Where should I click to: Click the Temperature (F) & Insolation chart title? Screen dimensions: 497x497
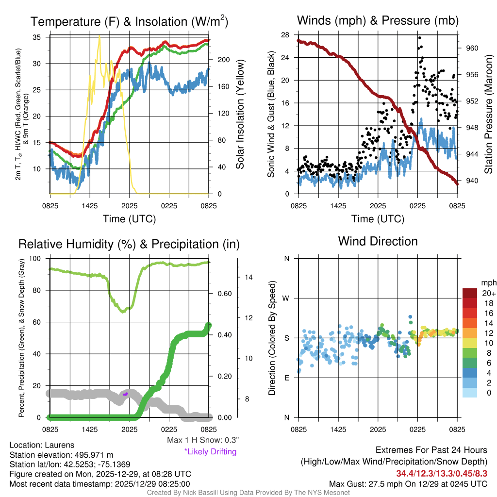coord(129,22)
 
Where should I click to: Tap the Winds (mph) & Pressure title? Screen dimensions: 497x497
coord(378,20)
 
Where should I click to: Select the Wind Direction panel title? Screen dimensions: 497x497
coord(378,241)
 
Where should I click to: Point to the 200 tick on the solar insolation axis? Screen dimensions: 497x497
coord(216,60)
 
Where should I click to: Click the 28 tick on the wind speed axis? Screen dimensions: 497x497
coord(285,35)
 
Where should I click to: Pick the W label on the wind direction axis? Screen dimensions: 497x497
coord(286,298)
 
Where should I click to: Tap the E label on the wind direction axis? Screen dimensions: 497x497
coord(286,378)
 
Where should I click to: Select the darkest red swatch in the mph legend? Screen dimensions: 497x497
coord(470,293)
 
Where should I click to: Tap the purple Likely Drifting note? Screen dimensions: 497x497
coord(210,451)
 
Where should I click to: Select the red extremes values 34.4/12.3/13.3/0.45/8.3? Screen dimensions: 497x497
coord(442,473)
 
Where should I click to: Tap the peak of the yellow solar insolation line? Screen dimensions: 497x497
coord(99,36)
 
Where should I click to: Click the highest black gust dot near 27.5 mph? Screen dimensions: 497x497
coord(419,38)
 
